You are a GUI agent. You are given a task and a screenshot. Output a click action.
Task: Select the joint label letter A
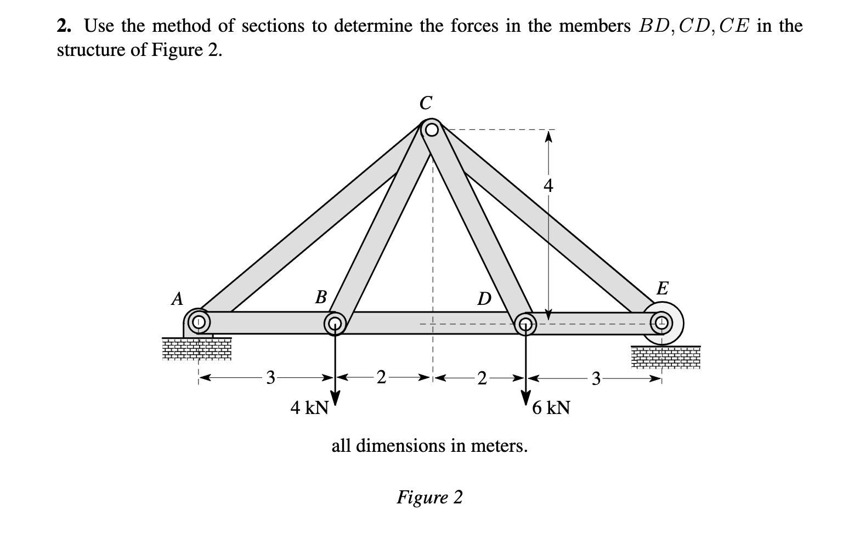[x=177, y=299]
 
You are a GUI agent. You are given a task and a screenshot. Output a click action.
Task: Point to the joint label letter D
[x=484, y=299]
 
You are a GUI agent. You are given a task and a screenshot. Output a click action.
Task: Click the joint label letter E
[x=662, y=288]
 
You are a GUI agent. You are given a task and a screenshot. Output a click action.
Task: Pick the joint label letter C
[x=425, y=103]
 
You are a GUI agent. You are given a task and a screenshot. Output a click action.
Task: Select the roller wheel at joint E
[x=663, y=322]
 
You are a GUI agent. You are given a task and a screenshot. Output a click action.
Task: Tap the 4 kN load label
[x=309, y=408]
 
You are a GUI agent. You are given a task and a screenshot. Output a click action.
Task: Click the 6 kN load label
[x=551, y=408]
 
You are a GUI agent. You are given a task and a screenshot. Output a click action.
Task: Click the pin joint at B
[x=334, y=323]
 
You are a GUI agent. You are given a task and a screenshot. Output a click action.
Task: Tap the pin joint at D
[x=525, y=323]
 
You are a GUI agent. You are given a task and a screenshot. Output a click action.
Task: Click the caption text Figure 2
[x=429, y=497]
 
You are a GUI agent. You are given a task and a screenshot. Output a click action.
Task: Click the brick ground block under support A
[x=196, y=349]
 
